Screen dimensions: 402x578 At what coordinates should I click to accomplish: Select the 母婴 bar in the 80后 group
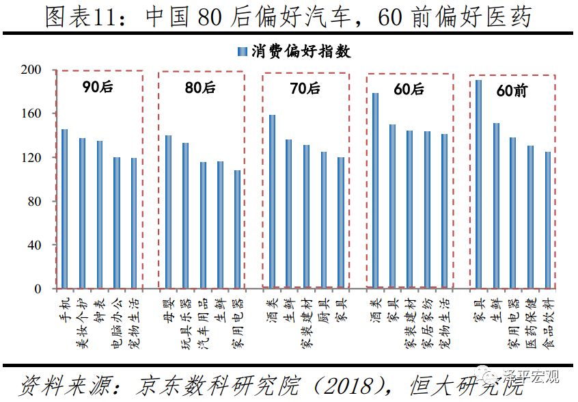coord(168,212)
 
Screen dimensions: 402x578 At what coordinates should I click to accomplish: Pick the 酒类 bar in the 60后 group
coord(375,191)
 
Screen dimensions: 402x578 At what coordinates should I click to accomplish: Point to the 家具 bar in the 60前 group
coord(478,185)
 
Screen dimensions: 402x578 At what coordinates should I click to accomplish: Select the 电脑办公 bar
coord(116,223)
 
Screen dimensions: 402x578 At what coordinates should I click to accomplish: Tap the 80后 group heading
coord(199,88)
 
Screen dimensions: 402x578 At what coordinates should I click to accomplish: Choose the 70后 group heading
coord(305,88)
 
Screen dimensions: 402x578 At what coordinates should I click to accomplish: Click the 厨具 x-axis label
coord(323,312)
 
